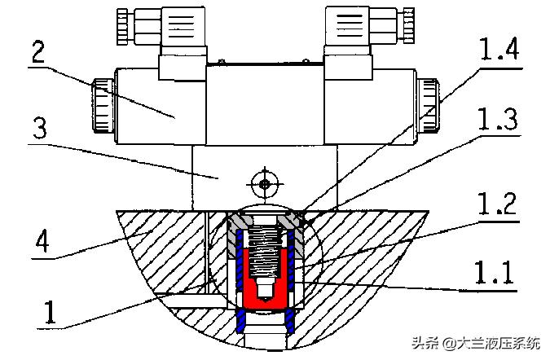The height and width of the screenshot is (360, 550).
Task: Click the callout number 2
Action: [x=38, y=51]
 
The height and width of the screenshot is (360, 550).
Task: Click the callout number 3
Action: [x=40, y=128]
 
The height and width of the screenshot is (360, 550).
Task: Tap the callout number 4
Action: [x=42, y=240]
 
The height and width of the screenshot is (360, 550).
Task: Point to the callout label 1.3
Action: [x=498, y=119]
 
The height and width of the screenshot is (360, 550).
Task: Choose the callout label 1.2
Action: [x=497, y=204]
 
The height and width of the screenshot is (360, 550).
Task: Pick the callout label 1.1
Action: [x=495, y=272]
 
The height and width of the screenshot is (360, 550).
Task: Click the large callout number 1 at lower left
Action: [x=50, y=312]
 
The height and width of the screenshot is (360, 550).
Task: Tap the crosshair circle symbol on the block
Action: [x=265, y=184]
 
